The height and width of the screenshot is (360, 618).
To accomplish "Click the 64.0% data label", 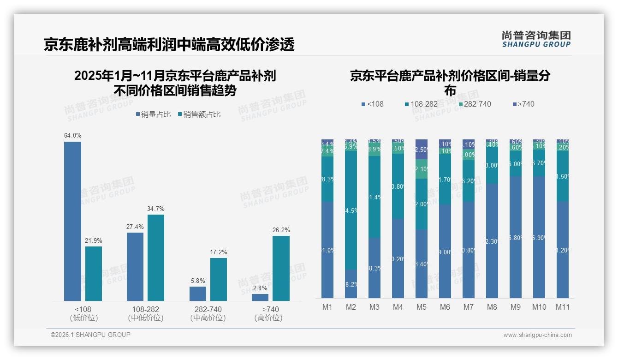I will click(x=73, y=136).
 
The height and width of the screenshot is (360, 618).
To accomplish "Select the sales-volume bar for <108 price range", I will click(x=72, y=222).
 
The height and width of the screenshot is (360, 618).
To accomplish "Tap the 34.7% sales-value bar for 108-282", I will click(x=156, y=258).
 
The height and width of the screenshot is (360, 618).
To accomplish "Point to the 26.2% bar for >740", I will click(x=281, y=268).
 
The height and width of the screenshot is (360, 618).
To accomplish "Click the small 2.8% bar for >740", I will click(x=260, y=297).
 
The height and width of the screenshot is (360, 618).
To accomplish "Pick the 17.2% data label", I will click(x=219, y=252).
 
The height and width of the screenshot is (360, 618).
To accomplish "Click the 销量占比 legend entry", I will click(x=153, y=114).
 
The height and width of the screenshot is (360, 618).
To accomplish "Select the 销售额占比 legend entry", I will click(x=199, y=114).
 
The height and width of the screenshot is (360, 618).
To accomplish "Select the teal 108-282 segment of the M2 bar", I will click(x=351, y=210).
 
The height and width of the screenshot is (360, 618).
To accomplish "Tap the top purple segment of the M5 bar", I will click(x=422, y=149).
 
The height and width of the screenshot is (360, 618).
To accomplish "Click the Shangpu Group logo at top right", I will click(x=536, y=39).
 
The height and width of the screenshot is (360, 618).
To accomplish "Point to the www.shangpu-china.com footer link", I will click(x=537, y=335).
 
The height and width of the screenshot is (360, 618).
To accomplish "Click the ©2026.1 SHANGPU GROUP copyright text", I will click(x=90, y=335).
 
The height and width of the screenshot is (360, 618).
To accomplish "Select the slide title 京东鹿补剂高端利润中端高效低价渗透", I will click(x=169, y=45).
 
